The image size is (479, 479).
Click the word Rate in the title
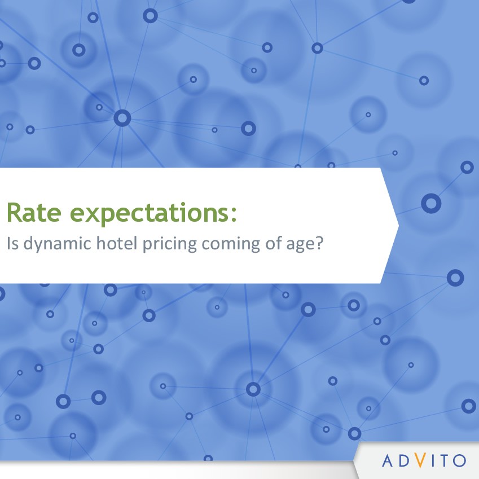pyautogui.click(x=34, y=212)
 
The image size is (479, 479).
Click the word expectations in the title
pyautogui.click(x=149, y=214)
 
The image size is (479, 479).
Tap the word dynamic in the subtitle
pyautogui.click(x=58, y=244)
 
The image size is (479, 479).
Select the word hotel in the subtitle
pyautogui.click(x=117, y=243)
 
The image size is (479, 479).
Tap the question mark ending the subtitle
pyautogui.click(x=319, y=243)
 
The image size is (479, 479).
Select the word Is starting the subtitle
pyautogui.click(x=13, y=244)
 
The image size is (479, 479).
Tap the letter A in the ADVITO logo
pyautogui.click(x=388, y=461)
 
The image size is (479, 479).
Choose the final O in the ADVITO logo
pyautogui.click(x=459, y=461)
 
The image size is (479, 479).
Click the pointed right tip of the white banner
pyautogui.click(x=398, y=226)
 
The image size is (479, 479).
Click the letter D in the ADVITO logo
pyautogui.click(x=404, y=461)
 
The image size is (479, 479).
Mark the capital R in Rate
pyautogui.click(x=14, y=212)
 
